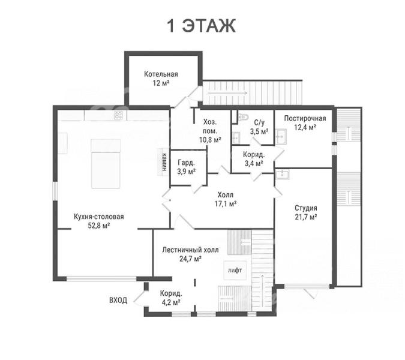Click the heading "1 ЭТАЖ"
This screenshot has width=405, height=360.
click(x=202, y=26)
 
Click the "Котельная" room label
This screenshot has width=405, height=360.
click(x=161, y=74)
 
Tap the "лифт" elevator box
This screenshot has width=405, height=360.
click(x=235, y=271)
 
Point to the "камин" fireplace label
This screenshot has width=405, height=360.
click(x=164, y=163)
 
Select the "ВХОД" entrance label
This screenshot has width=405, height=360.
click(x=118, y=301)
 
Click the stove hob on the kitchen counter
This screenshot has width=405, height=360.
click(x=119, y=115)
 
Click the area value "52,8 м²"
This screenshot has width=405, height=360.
click(x=99, y=226)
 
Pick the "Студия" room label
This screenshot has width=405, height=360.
click(x=306, y=208)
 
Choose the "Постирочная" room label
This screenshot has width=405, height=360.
click(x=305, y=118)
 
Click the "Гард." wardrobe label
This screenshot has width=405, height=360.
click(x=186, y=163)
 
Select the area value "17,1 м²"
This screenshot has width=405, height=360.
click(x=226, y=204)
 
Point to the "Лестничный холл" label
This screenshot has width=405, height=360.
click(x=190, y=250)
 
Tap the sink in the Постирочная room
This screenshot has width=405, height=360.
click(x=281, y=136)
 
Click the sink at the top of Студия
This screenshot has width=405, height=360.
click(x=283, y=175)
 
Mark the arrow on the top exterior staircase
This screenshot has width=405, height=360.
click(x=227, y=93)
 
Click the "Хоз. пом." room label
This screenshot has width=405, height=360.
click(x=210, y=126)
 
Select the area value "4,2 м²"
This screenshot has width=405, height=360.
click(x=171, y=302)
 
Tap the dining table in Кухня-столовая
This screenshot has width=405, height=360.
click(x=106, y=164)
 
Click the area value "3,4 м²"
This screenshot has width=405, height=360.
click(x=254, y=163)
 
